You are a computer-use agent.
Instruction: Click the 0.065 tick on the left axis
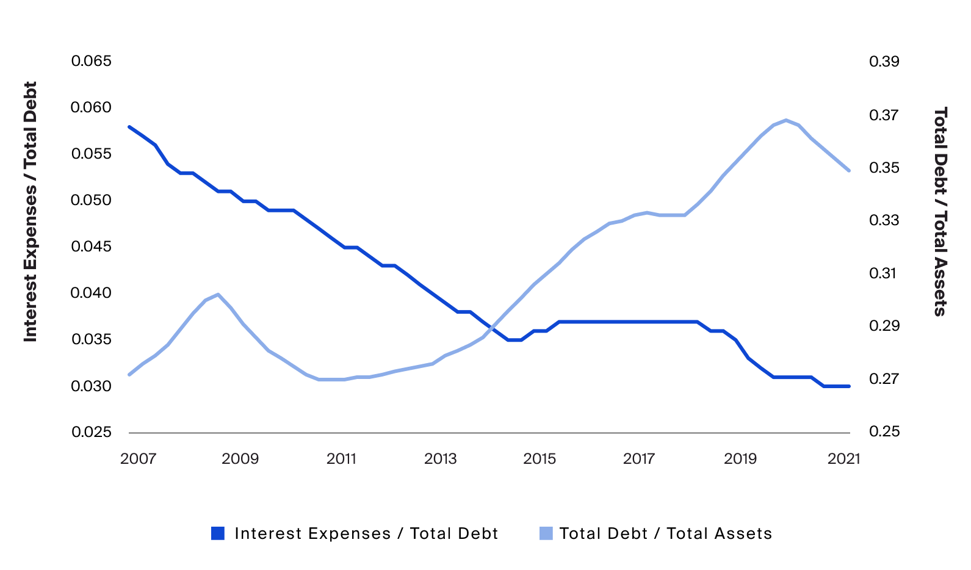[x=92, y=61]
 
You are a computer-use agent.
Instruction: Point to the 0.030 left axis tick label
[x=92, y=386]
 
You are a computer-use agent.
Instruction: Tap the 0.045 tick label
[x=92, y=247]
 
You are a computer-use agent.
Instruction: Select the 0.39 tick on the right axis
[x=884, y=61]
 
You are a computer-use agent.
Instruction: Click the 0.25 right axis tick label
[x=884, y=431]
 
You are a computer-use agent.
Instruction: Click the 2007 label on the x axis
[x=139, y=458]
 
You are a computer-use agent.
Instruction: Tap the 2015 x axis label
[x=540, y=458]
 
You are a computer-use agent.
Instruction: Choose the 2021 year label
[x=843, y=458]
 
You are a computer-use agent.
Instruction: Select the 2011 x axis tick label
[x=341, y=458]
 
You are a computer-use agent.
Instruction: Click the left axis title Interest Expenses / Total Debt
[x=31, y=211]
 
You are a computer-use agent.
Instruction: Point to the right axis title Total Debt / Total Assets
[x=940, y=211]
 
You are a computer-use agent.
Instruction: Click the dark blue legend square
[x=218, y=533]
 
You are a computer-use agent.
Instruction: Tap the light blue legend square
[x=546, y=533]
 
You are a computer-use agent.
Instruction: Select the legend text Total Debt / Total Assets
[x=665, y=533]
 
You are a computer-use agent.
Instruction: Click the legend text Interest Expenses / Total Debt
[x=366, y=533]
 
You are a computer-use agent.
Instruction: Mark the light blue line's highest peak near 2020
[x=786, y=120]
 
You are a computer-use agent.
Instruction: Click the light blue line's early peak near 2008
[x=218, y=294]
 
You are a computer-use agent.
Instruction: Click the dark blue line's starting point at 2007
[x=129, y=127]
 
